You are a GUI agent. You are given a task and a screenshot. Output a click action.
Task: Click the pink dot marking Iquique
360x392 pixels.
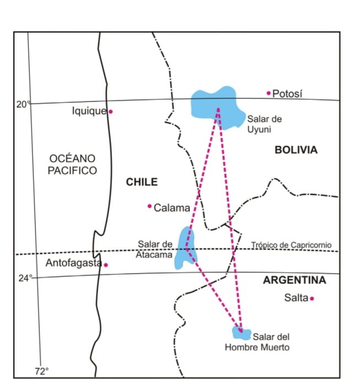[x=111, y=111]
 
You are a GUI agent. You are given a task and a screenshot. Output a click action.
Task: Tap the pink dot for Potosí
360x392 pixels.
[x=269, y=93]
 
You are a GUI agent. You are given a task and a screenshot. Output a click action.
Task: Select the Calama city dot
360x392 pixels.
[x=149, y=206]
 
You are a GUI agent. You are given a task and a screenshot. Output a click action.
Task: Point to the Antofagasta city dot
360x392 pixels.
[x=106, y=265]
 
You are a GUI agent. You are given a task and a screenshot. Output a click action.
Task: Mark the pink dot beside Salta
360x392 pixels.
[x=312, y=298]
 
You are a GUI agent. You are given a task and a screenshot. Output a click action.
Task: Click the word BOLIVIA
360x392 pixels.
[x=296, y=150]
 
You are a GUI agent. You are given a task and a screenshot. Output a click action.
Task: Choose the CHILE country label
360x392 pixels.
[x=142, y=182]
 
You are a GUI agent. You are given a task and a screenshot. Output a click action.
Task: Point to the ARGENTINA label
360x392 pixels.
[x=294, y=280]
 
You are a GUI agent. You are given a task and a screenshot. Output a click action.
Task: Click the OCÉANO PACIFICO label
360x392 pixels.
[x=72, y=165]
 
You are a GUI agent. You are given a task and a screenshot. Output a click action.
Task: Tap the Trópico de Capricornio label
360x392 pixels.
[x=292, y=246]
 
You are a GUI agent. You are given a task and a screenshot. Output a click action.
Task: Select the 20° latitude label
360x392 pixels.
[x=23, y=104]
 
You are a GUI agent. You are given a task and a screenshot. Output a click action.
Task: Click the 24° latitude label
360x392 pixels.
[x=23, y=278]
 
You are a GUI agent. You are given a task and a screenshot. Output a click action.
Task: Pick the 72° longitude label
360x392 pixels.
[x=42, y=371]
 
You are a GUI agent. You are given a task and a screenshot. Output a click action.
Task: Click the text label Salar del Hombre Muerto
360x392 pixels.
[x=258, y=342]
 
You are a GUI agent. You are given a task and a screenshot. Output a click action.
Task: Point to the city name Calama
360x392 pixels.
[x=172, y=208]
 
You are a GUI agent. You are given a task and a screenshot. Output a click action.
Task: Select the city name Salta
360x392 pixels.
[x=296, y=298]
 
